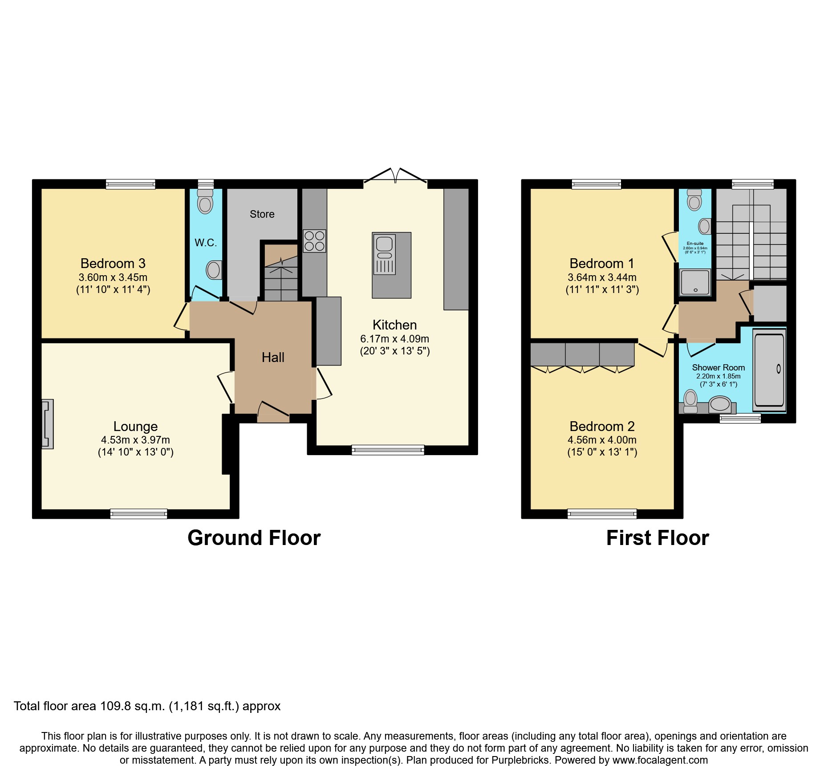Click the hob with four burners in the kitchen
(x=314, y=241)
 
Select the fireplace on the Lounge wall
(x=47, y=424)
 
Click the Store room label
(x=262, y=214)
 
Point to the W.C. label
(x=206, y=243)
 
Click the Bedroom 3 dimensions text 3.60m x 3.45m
(x=113, y=277)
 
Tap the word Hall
(x=273, y=357)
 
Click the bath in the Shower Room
(x=769, y=370)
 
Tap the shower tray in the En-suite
(x=695, y=282)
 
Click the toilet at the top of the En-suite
(x=694, y=200)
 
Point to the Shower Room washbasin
(x=719, y=404)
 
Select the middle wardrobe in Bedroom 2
(x=582, y=355)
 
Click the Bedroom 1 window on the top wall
(x=596, y=184)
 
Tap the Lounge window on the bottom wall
(x=138, y=514)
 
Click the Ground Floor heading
(x=254, y=538)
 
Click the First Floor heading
(x=658, y=538)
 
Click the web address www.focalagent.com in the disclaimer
(x=660, y=760)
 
